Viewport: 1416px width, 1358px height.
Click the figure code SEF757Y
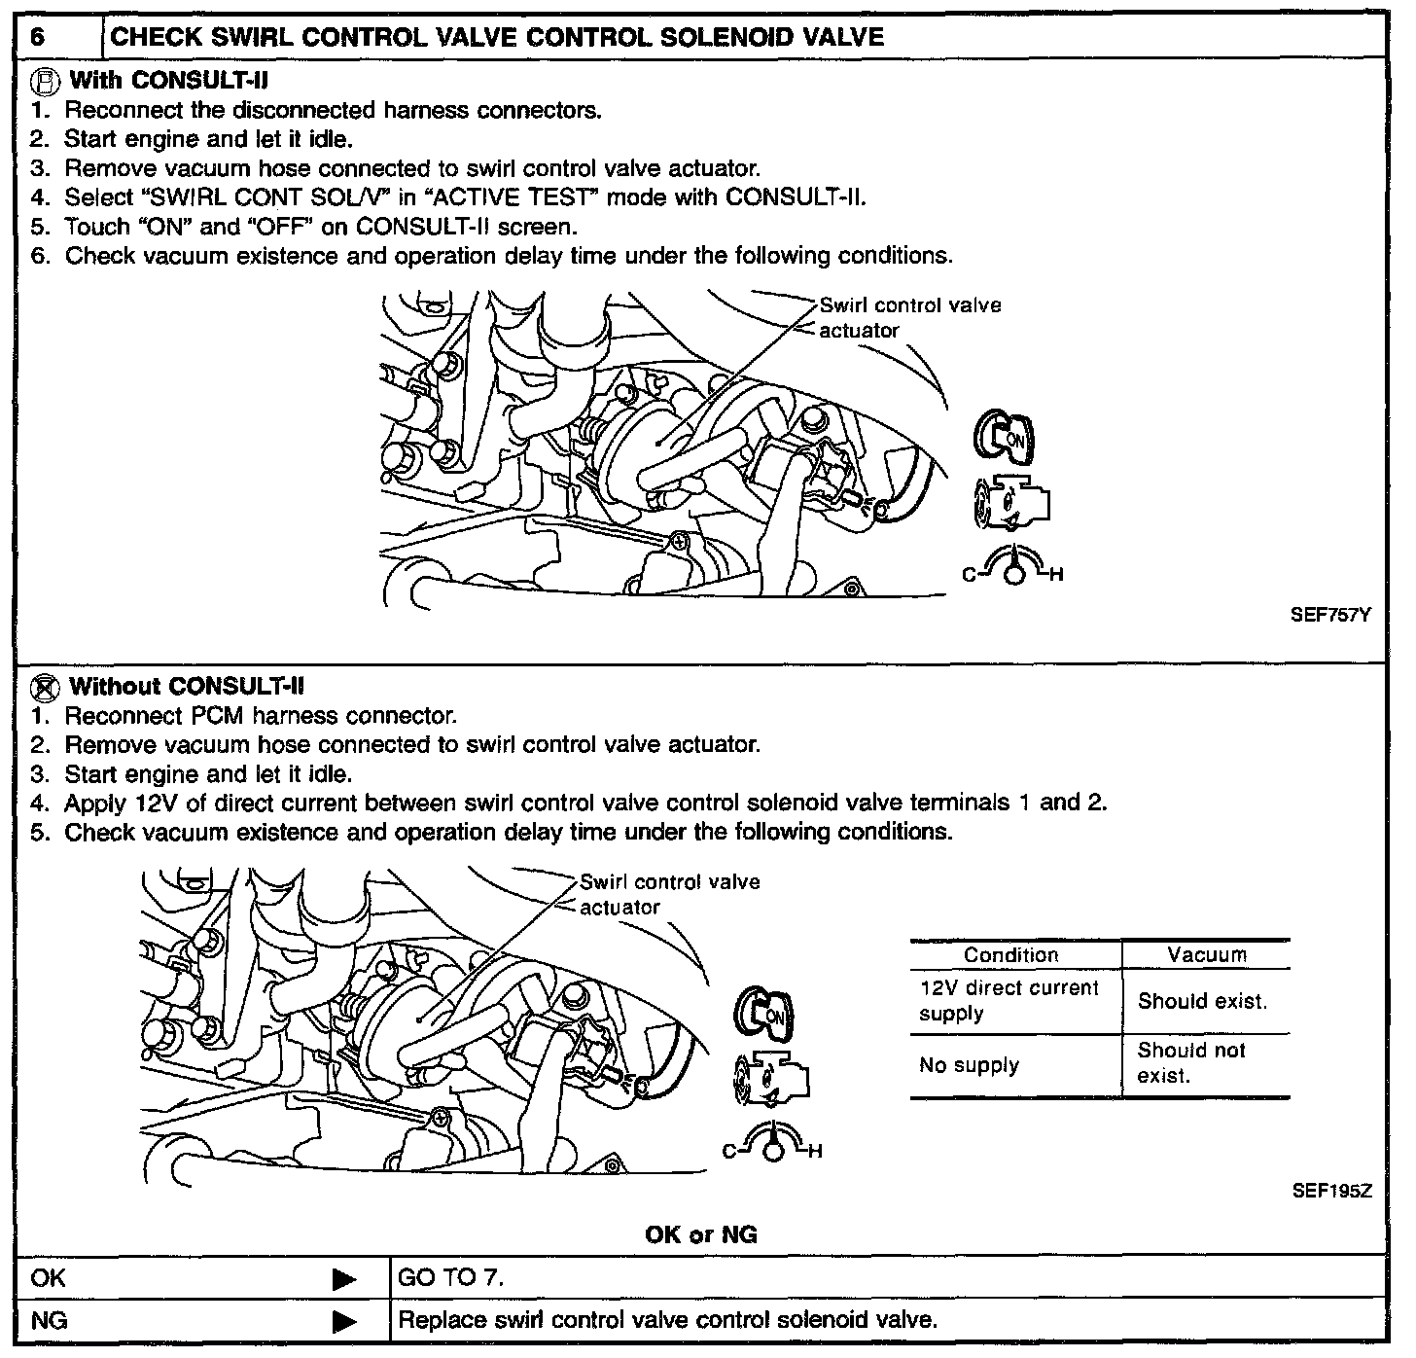1330,615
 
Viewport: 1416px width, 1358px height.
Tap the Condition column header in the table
1010,955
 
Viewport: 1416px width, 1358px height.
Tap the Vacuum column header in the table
1206,955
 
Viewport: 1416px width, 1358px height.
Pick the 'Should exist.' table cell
1202,1001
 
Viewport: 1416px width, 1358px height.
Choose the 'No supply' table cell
969,1065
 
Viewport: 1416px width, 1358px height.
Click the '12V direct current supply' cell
1008,1000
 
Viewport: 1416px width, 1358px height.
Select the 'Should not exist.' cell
1190,1063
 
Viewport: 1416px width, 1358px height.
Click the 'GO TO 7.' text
451,1277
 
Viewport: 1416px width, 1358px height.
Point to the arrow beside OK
344,1279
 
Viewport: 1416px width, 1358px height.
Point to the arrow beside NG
344,1322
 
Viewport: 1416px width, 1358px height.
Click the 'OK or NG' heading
700,1235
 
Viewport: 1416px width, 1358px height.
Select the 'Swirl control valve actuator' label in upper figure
908,318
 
